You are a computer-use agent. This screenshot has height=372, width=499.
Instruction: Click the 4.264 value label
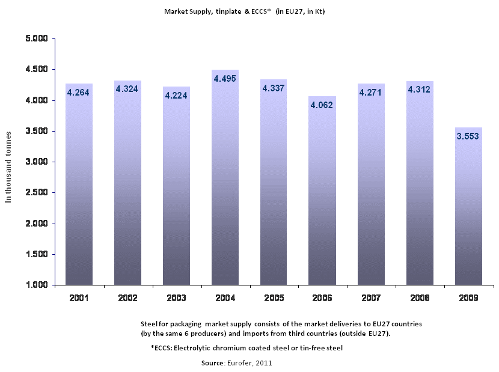(79, 93)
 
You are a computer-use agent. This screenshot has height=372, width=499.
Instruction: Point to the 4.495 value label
(225, 78)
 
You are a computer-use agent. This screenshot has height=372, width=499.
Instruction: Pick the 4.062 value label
(322, 105)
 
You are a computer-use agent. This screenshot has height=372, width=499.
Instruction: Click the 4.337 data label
(274, 88)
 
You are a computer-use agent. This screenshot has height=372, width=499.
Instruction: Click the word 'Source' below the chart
(212, 363)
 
